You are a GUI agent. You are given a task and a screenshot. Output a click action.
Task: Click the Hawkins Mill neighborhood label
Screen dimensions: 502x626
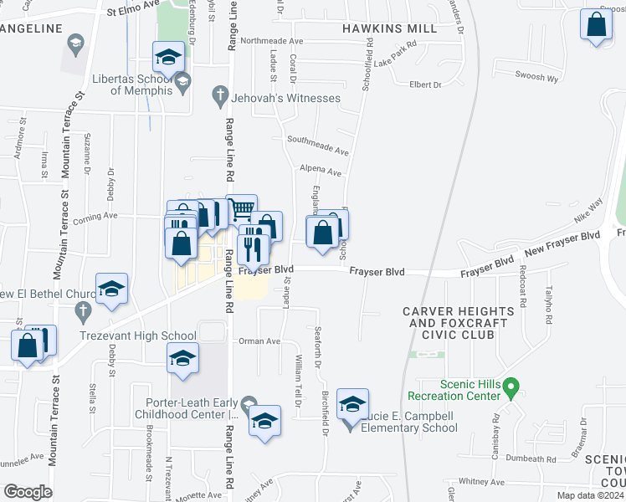point(389,28)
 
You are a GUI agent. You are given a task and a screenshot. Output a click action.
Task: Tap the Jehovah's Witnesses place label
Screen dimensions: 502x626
point(286,98)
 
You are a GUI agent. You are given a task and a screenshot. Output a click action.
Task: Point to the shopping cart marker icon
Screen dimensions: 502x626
point(241,207)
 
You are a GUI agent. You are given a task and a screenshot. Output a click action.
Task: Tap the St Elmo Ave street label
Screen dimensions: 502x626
point(133,13)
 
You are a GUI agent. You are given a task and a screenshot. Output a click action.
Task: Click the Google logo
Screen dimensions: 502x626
point(27,492)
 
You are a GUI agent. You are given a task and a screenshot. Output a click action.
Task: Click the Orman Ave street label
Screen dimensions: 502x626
point(259,341)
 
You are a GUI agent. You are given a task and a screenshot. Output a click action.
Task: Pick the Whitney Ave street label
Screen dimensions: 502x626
point(481,482)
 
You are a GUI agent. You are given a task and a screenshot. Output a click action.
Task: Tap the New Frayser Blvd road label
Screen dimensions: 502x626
point(562,244)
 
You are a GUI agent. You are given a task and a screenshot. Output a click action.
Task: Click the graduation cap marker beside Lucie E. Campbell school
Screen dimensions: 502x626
point(353,404)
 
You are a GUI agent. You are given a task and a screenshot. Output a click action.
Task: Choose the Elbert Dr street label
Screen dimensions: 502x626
point(425,85)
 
